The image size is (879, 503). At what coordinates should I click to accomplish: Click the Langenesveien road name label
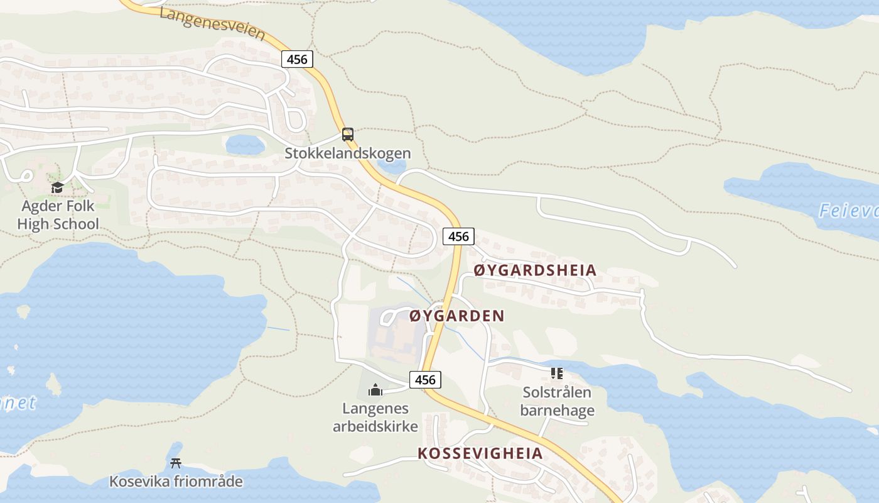click(x=212, y=23)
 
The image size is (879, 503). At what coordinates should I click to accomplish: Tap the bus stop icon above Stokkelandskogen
click(x=348, y=134)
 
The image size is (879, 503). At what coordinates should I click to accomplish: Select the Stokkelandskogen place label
click(x=348, y=153)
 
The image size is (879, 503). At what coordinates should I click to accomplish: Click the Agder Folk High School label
click(x=58, y=215)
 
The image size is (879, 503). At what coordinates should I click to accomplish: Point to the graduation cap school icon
click(x=58, y=187)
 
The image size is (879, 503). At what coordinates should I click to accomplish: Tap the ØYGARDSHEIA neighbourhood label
click(x=535, y=271)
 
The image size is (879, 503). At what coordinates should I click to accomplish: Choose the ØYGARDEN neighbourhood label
click(x=456, y=316)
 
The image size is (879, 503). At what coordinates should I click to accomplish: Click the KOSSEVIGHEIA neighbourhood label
click(x=480, y=453)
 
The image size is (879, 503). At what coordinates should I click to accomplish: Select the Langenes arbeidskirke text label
click(x=375, y=417)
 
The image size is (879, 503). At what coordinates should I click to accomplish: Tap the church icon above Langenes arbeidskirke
click(x=375, y=390)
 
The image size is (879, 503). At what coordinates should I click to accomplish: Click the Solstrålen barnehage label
click(x=557, y=402)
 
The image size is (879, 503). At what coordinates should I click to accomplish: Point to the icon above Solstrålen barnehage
click(x=557, y=374)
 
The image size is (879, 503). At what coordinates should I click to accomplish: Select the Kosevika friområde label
click(x=176, y=482)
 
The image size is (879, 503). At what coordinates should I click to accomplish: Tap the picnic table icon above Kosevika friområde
click(x=176, y=463)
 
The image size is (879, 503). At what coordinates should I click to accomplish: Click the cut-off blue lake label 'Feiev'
click(x=849, y=211)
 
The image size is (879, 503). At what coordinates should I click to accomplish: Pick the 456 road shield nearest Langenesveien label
click(x=297, y=59)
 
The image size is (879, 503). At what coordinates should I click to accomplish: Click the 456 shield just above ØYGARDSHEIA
click(x=459, y=236)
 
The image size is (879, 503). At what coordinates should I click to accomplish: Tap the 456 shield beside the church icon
click(x=425, y=380)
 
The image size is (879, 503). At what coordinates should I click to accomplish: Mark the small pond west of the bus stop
click(x=245, y=145)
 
